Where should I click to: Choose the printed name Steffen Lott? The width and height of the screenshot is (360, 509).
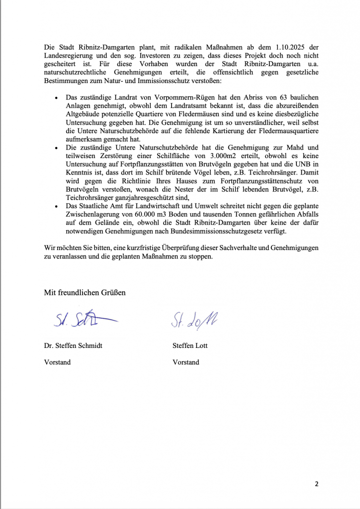190,345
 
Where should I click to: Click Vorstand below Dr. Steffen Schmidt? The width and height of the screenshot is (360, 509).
57,362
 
